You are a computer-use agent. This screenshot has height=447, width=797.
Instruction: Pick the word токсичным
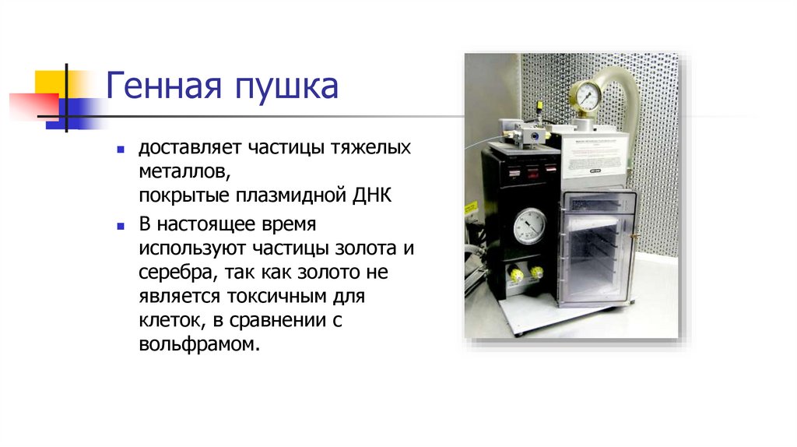coord(269,297)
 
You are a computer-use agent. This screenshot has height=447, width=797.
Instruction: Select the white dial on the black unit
coord(530,227)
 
